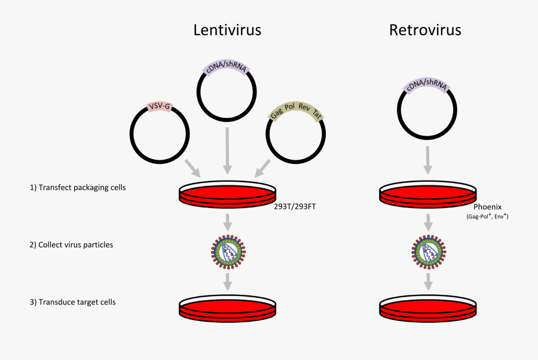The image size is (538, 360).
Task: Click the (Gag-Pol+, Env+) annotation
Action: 488,218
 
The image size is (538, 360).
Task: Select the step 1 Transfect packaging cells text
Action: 78,187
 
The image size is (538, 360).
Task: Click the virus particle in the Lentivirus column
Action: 228,250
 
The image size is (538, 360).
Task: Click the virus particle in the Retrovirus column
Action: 428,250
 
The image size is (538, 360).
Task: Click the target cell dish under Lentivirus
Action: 228,306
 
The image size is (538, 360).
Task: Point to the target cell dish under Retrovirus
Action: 428,306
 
